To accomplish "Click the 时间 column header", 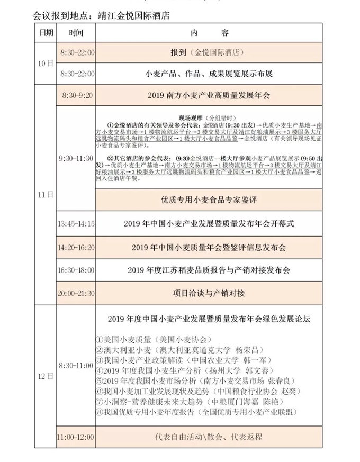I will pos(76,33).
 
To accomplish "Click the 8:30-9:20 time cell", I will pos(77,96).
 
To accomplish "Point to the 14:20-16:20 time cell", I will pos(76,247).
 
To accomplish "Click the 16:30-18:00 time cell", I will pos(76,270).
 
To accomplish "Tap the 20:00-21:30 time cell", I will pos(76,293).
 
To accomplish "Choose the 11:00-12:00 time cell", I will pos(76,437).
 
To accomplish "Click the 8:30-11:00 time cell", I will pos(76,366).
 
